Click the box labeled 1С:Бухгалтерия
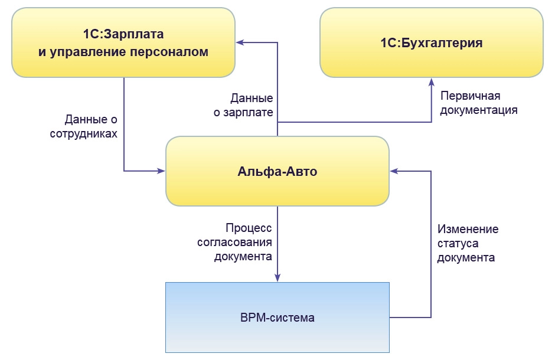431,42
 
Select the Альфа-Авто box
277,171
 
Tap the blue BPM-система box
277,318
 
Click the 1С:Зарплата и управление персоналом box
123,42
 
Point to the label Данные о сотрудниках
91,126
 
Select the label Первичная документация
479,103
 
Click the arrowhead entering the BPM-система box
277,278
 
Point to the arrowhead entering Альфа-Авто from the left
161,171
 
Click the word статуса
458,243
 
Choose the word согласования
243,242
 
